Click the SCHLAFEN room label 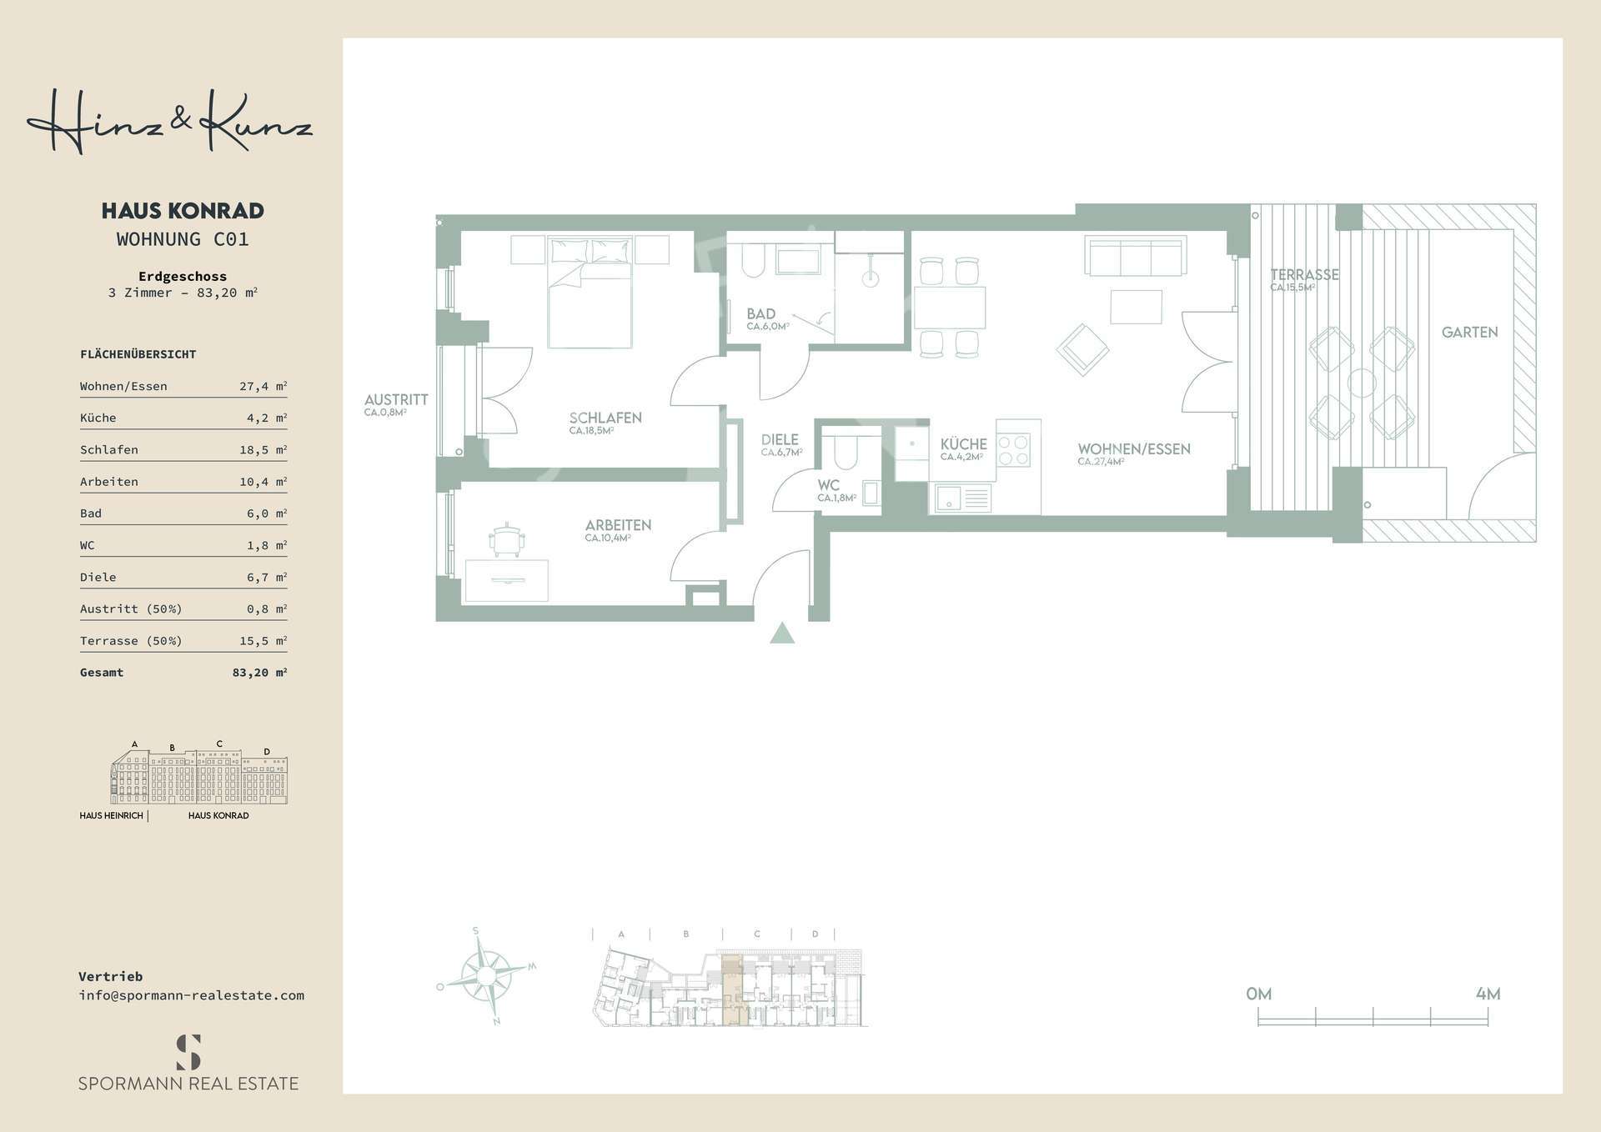click(605, 418)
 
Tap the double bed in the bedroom click(589, 293)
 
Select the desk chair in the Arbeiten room click(507, 539)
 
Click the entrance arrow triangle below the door click(781, 634)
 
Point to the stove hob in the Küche click(1013, 449)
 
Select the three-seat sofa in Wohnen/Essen click(1135, 256)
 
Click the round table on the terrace click(1362, 383)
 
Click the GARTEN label click(1469, 333)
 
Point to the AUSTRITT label click(396, 400)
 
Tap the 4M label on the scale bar click(1488, 994)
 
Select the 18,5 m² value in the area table click(263, 450)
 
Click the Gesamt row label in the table click(102, 673)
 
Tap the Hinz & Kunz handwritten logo click(170, 123)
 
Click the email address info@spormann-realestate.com click(191, 995)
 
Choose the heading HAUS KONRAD click(183, 211)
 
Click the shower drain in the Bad click(871, 279)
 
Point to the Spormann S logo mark click(188, 1052)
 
